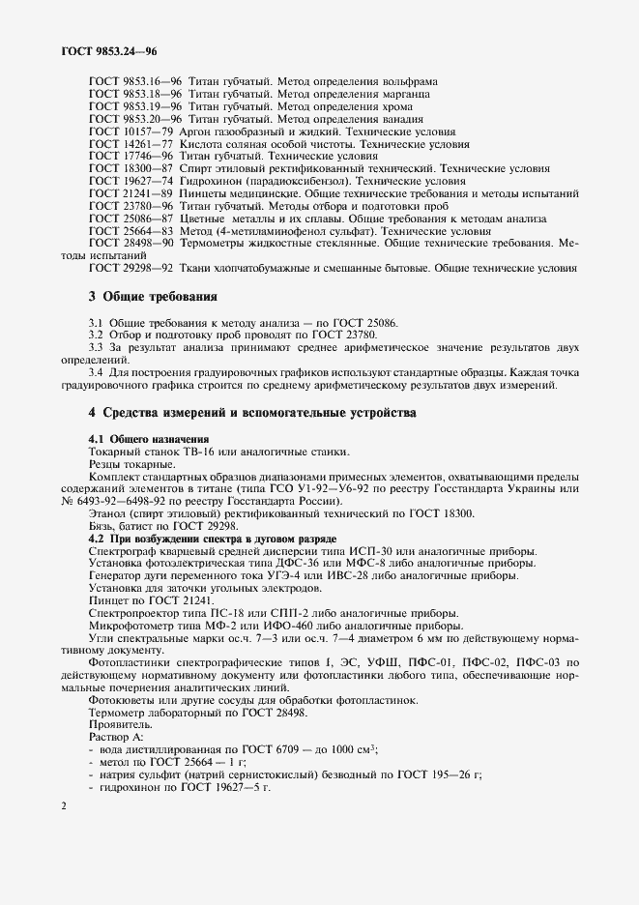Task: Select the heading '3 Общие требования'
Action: pyautogui.click(x=152, y=295)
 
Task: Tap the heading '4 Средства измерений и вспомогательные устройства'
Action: pyautogui.click(x=252, y=413)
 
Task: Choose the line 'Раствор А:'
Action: pyautogui.click(x=114, y=736)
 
